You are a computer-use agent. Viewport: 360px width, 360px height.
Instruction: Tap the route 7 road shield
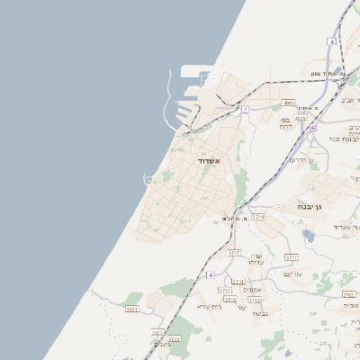(245, 109)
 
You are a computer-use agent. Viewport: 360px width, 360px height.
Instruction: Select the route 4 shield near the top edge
(332, 41)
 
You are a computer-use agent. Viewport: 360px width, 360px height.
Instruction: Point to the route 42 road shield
(313, 128)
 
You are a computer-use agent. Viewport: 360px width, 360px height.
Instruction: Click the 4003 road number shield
(288, 103)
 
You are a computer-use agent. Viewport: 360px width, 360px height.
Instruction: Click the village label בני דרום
(286, 122)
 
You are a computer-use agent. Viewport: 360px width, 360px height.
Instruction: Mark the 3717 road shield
(234, 253)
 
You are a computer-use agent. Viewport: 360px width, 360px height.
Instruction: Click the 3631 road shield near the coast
(132, 309)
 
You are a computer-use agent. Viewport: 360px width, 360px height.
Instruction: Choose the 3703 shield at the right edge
(348, 294)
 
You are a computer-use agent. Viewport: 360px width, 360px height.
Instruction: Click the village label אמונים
(253, 290)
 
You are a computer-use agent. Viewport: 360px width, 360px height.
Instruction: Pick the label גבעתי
(259, 313)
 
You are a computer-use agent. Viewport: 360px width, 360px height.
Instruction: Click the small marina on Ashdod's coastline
(148, 178)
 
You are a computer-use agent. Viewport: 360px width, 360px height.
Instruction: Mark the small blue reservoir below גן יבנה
(309, 235)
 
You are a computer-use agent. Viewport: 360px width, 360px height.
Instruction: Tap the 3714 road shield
(259, 217)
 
